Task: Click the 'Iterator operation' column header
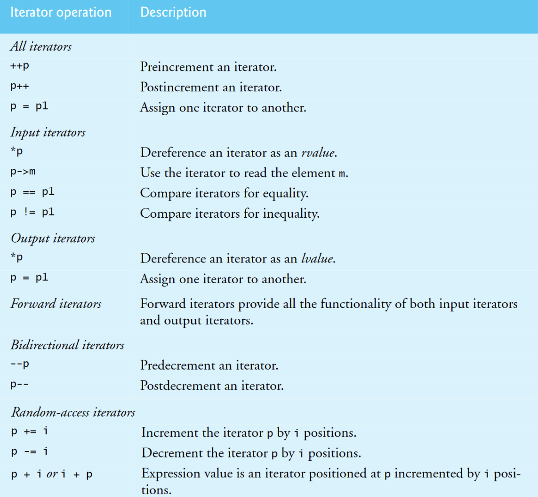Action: [61, 12]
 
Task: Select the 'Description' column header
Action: [173, 12]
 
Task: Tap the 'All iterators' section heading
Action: [41, 47]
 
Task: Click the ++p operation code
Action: [20, 66]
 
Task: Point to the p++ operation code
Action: [20, 87]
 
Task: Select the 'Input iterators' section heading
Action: [48, 132]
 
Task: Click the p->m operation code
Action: [23, 172]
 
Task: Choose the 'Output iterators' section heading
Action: [52, 238]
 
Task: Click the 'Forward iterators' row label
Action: [56, 304]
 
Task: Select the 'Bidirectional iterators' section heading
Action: [67, 345]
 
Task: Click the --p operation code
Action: [20, 364]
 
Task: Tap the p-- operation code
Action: [20, 385]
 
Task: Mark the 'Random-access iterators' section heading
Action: [73, 412]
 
